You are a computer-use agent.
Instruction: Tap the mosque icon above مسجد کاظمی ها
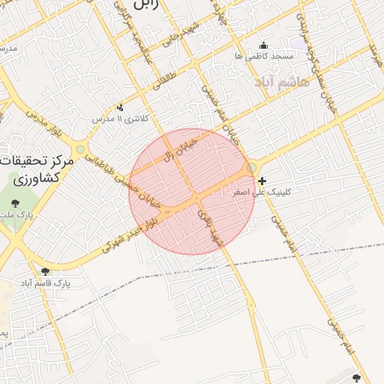pos(262,46)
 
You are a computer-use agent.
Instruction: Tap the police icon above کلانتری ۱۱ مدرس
pos(120,107)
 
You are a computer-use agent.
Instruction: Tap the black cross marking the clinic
pos(261,181)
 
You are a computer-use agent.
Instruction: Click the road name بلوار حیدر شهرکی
pos(127,234)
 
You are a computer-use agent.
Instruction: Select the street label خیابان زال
pos(180,148)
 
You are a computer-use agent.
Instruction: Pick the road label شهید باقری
pos(209,229)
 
